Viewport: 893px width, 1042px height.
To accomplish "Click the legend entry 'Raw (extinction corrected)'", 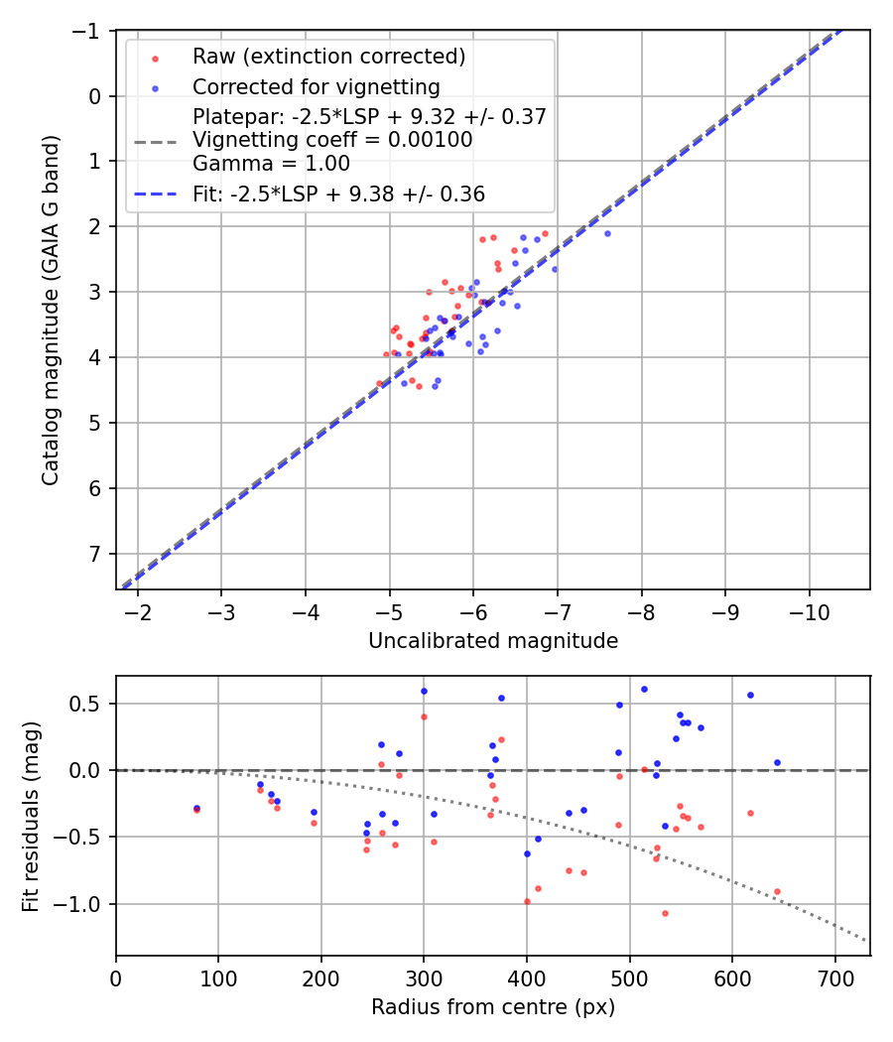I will pos(328,56).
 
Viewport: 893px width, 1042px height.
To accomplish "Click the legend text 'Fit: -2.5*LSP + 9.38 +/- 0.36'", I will pos(338,195).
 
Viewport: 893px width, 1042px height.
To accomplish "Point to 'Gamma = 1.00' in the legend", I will pos(271,164).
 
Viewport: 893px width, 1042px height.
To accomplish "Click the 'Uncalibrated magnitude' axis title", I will pos(493,641).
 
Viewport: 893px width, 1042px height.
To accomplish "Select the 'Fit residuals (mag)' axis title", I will pos(31,815).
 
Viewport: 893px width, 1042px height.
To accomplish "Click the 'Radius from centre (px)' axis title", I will pos(493,1007).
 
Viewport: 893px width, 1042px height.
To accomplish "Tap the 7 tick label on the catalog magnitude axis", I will pos(95,554).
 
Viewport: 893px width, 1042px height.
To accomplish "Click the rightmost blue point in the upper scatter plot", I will pos(607,233).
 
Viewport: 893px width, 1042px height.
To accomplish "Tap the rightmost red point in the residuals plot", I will pos(777,891).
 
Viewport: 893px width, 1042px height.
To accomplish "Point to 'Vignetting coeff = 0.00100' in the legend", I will pos(332,140).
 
